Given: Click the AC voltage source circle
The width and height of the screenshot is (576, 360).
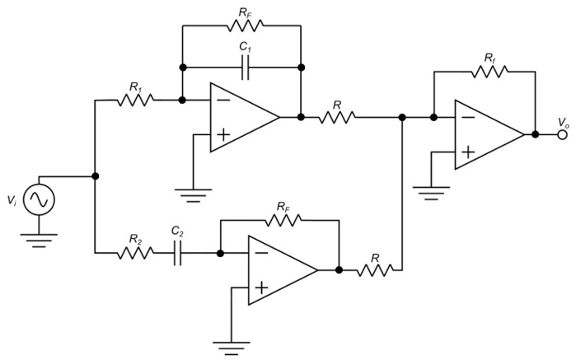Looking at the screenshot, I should (x=38, y=199).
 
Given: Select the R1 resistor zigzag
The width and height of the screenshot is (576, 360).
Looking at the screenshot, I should (x=135, y=101).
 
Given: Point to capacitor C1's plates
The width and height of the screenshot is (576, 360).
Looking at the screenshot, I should (x=244, y=68).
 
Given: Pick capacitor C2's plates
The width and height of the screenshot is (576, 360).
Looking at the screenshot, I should (x=178, y=253).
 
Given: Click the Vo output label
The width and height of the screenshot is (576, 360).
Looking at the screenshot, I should (x=562, y=122).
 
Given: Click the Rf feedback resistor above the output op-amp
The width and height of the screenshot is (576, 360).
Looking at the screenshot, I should (x=489, y=72).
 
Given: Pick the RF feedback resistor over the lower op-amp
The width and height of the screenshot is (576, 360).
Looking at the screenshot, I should (x=283, y=220).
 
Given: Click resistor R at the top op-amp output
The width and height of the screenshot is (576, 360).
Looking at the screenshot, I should (x=338, y=117).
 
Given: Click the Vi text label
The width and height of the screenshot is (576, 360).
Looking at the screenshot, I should (x=11, y=199).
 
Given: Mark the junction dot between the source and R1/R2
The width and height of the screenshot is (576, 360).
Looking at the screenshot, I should (x=96, y=175).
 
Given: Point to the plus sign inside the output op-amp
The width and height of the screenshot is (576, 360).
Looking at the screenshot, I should (x=467, y=152).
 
